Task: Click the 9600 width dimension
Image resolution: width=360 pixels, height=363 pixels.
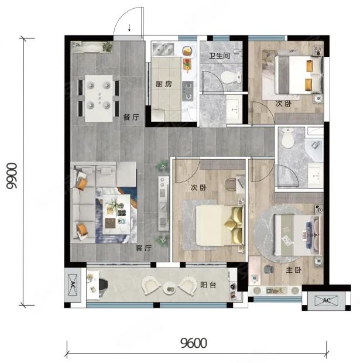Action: [x=194, y=343]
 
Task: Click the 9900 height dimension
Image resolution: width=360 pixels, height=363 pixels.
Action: [x=12, y=176]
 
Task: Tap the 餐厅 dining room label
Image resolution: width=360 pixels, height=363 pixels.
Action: [x=131, y=117]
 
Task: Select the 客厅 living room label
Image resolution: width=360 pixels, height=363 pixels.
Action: [x=144, y=248]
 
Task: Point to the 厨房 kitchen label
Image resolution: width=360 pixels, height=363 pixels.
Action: [x=164, y=84]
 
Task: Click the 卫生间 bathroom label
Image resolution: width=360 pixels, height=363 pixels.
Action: [x=220, y=56]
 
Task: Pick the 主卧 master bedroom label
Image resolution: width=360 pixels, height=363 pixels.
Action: [x=293, y=270]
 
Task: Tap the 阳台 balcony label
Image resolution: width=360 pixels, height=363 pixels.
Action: [x=208, y=285]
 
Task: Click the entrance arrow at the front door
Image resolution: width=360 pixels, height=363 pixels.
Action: [x=129, y=28]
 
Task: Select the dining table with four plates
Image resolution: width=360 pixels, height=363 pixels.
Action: [x=98, y=98]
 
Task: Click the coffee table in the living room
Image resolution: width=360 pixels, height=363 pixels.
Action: [x=116, y=214]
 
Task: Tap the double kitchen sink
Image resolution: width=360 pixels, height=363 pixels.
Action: [x=163, y=49]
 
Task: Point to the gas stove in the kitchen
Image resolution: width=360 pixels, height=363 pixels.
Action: [x=188, y=91]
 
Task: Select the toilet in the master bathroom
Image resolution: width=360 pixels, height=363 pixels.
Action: [x=287, y=138]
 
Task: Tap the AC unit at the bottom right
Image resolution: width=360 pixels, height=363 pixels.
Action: [x=326, y=301]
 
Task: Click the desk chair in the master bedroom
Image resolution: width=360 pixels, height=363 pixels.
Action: [x=268, y=269]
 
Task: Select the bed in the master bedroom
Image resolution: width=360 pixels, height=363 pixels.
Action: [x=297, y=235]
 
